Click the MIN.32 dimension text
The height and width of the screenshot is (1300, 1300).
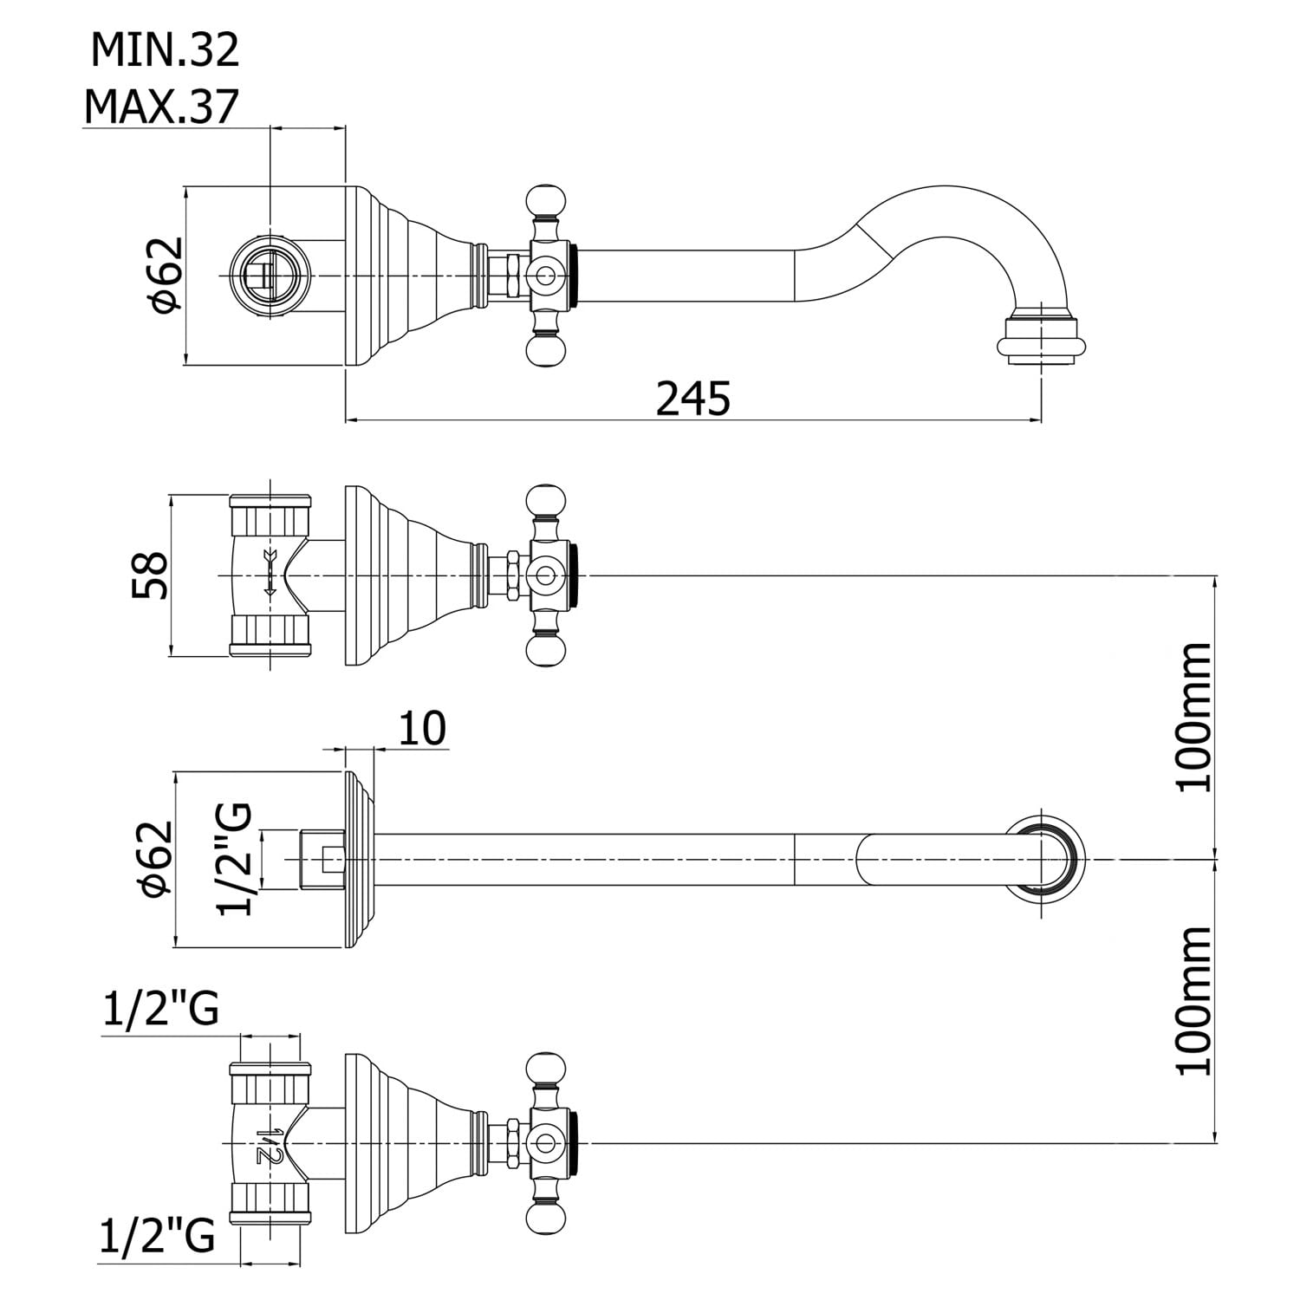click(165, 50)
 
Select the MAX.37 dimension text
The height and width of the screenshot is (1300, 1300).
click(161, 107)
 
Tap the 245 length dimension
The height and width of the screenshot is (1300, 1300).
click(693, 399)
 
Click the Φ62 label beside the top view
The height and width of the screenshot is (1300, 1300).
click(165, 274)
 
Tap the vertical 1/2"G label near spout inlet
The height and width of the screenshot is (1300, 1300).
click(235, 859)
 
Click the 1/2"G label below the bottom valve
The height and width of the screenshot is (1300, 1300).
click(157, 1237)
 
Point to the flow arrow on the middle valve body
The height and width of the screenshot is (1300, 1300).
click(270, 573)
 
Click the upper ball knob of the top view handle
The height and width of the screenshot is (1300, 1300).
click(545, 200)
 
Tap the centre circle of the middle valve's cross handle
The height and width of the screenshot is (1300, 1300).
click(545, 575)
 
